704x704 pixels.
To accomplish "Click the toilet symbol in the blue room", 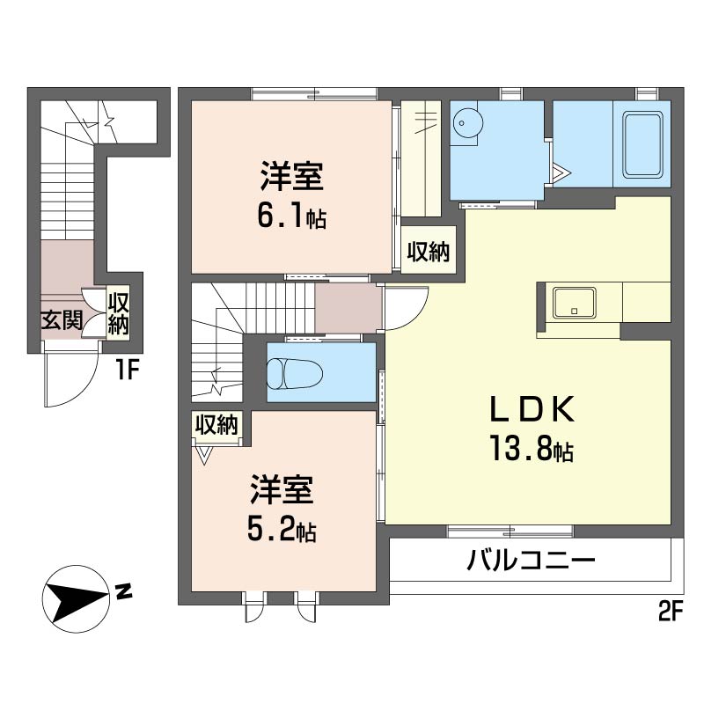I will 289,373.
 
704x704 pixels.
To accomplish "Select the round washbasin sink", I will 465,126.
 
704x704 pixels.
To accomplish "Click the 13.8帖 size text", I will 532,451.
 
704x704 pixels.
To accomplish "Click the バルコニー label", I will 532,561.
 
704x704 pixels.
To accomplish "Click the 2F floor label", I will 671,612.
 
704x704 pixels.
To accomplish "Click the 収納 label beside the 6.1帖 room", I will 429,253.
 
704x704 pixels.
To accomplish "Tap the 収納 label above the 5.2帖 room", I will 216,425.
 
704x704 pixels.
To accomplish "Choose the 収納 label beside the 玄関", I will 118,313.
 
